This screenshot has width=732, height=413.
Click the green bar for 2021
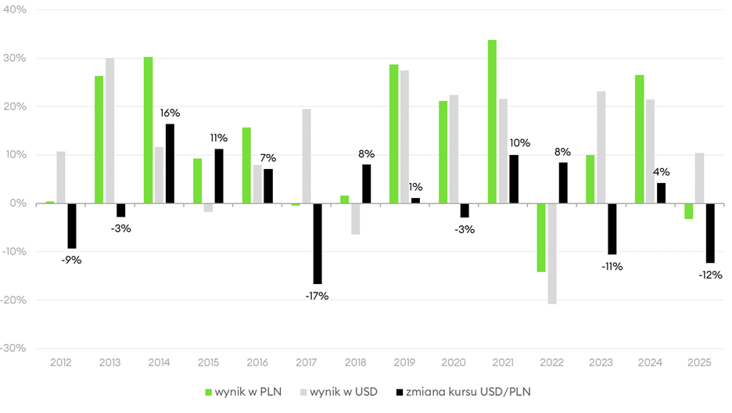click(492, 121)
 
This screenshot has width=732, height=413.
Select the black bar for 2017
click(318, 243)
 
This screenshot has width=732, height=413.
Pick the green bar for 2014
click(149, 130)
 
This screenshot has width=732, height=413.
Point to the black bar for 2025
click(710, 233)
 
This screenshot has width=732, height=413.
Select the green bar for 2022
click(541, 237)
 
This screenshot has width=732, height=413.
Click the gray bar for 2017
click(307, 156)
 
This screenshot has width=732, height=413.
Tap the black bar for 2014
click(170, 163)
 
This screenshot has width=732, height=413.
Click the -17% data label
click(317, 296)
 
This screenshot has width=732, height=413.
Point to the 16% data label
click(170, 113)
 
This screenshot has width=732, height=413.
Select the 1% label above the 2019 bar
click(415, 187)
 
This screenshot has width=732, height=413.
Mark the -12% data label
click(710, 275)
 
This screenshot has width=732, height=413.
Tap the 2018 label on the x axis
click(356, 363)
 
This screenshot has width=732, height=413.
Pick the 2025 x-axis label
click(699, 363)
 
